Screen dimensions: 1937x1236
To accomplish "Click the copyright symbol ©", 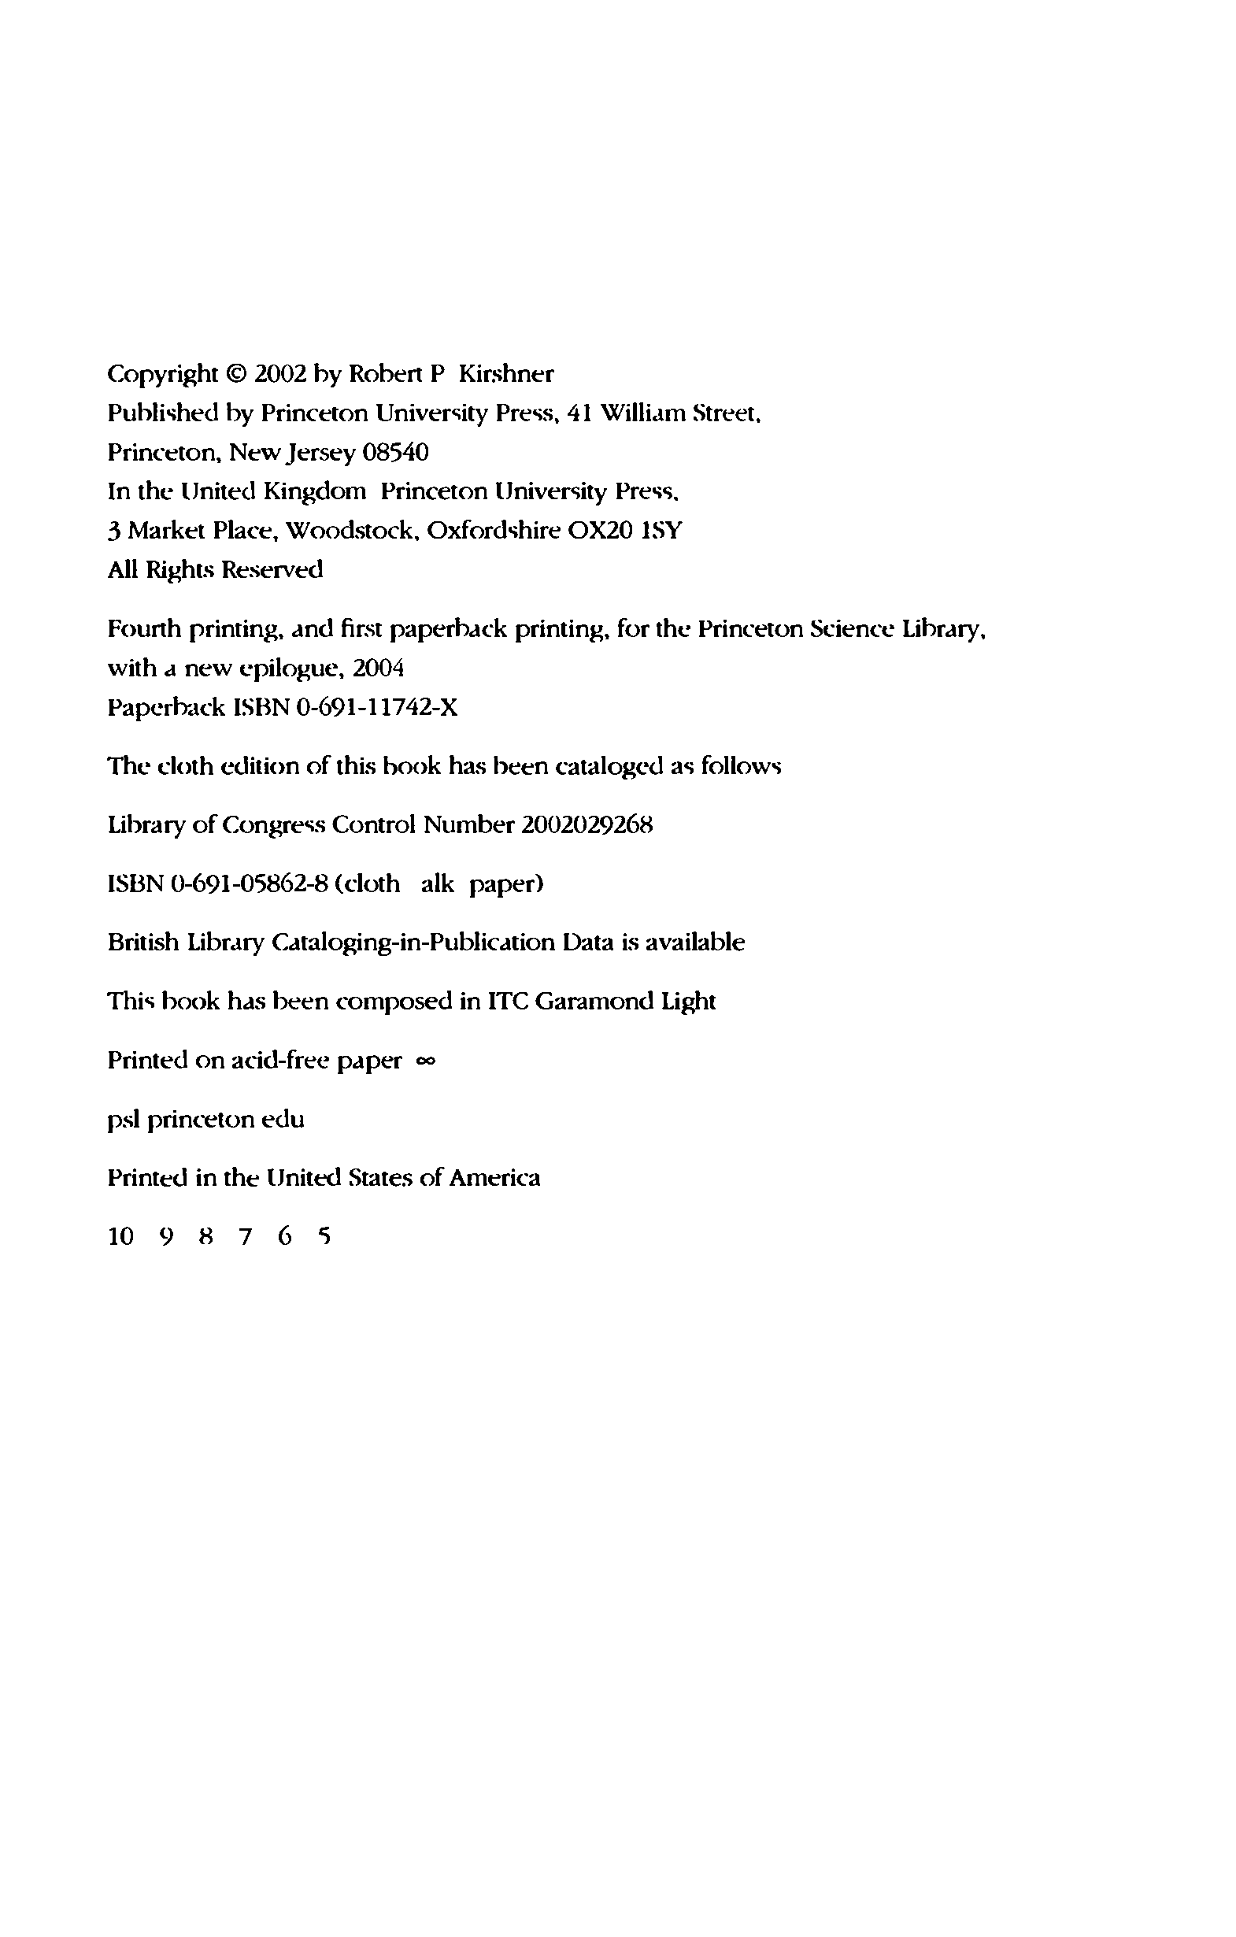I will point(235,375).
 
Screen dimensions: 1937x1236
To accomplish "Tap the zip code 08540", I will point(396,453).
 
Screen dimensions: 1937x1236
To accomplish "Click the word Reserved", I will point(272,570).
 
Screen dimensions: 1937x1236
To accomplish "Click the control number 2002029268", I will point(587,825).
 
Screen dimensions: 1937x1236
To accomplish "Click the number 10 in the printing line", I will point(120,1237).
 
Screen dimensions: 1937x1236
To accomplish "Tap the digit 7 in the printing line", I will point(246,1237).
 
